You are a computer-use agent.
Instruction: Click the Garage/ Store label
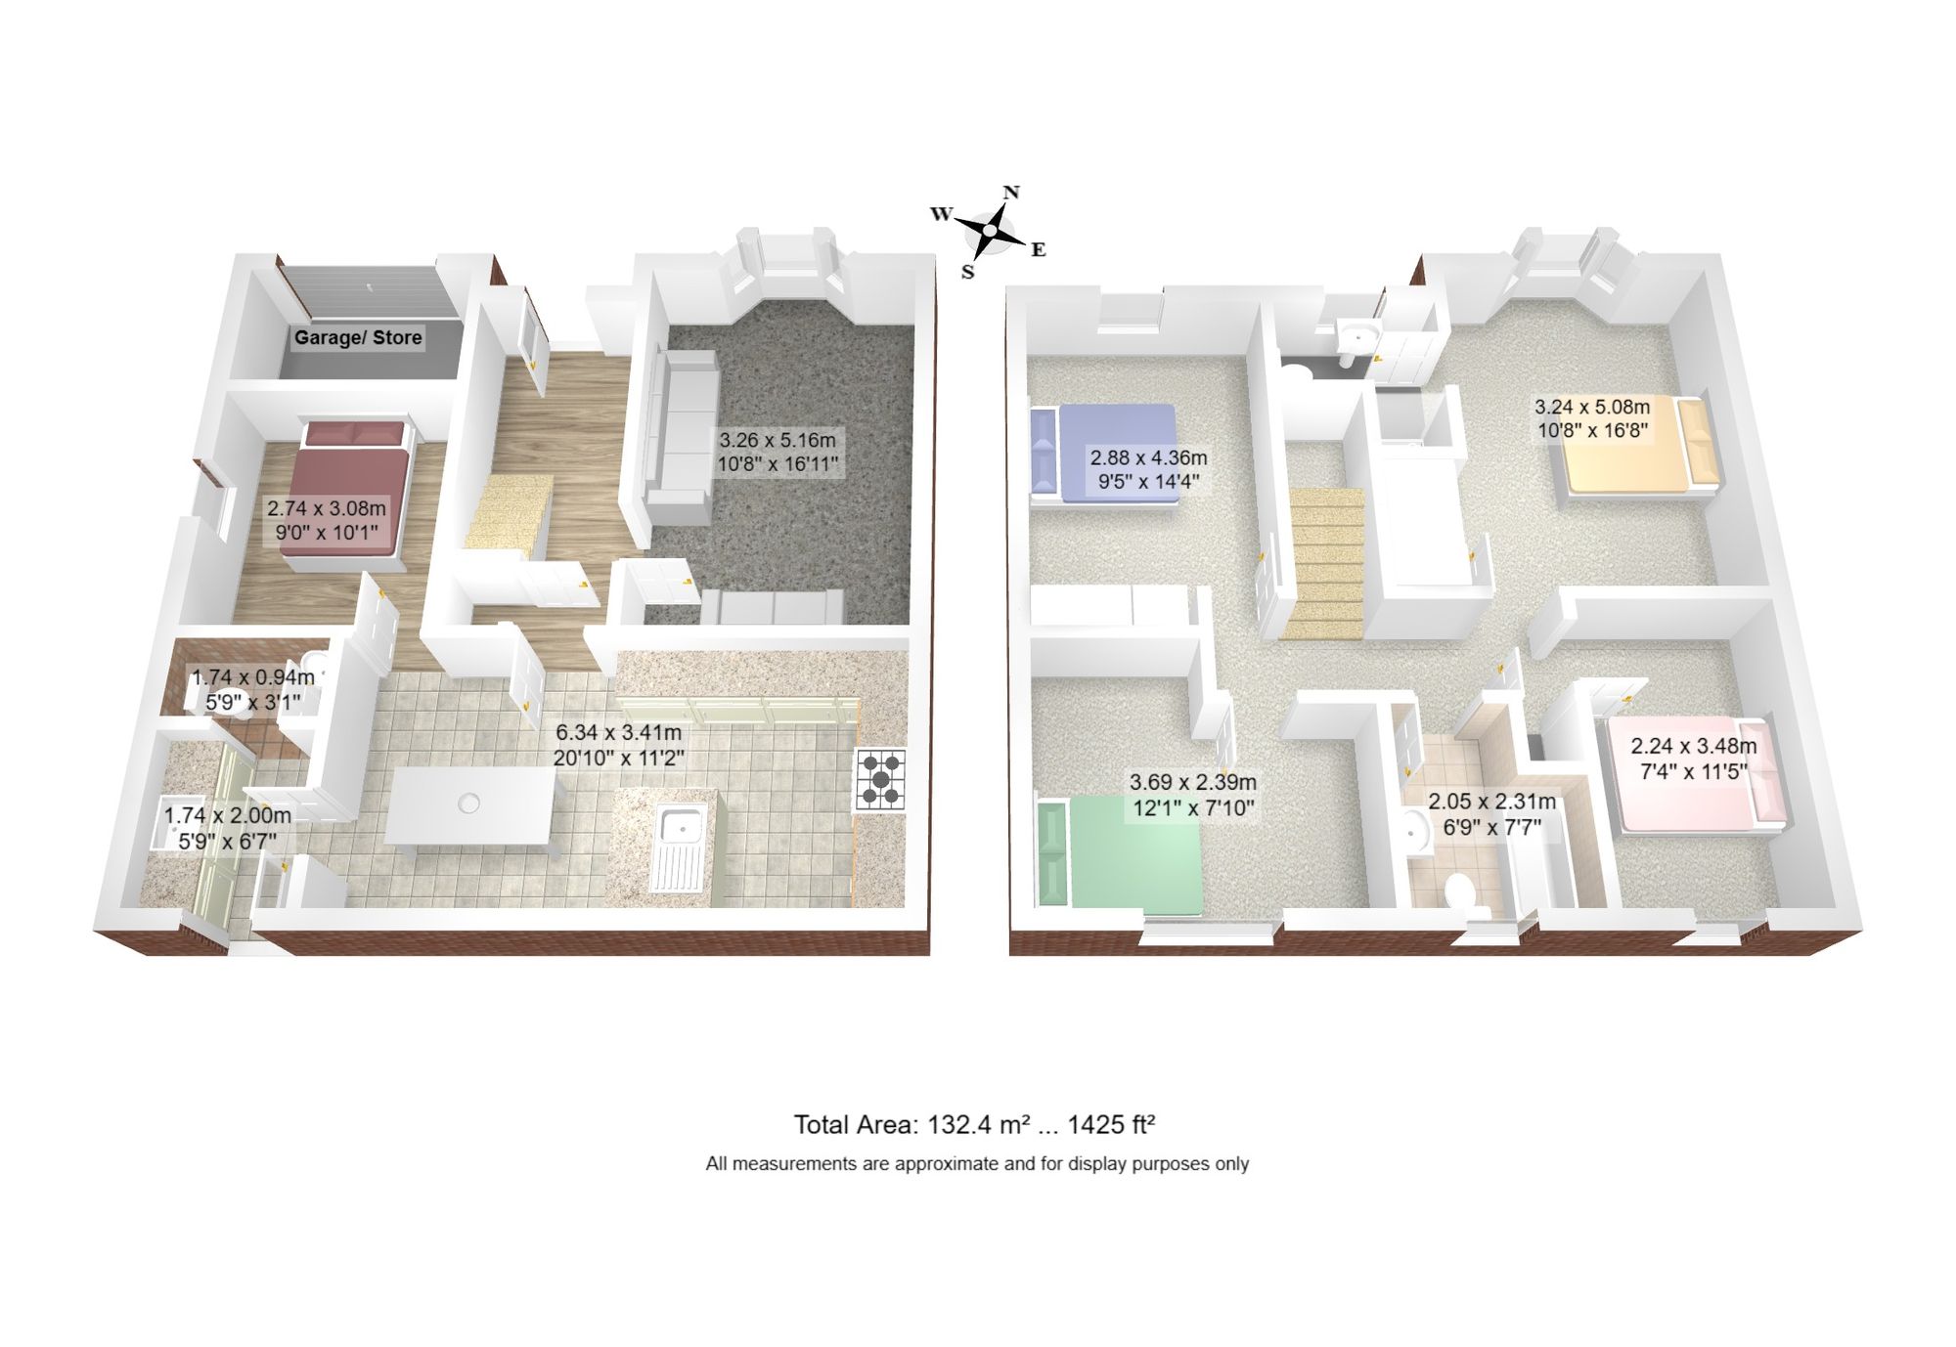click(358, 337)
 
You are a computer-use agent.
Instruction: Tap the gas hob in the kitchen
click(881, 779)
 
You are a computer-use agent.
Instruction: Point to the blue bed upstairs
click(1105, 455)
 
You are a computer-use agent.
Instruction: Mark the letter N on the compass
click(1012, 193)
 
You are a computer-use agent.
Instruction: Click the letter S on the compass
click(967, 273)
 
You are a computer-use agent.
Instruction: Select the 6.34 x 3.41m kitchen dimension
click(618, 732)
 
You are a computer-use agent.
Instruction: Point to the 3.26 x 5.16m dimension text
click(778, 441)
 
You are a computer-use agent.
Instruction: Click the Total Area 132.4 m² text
click(974, 1124)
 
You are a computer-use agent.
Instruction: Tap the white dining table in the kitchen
click(469, 805)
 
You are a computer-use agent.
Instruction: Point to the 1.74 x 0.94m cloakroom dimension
click(252, 677)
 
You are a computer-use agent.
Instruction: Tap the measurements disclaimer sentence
click(977, 1164)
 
